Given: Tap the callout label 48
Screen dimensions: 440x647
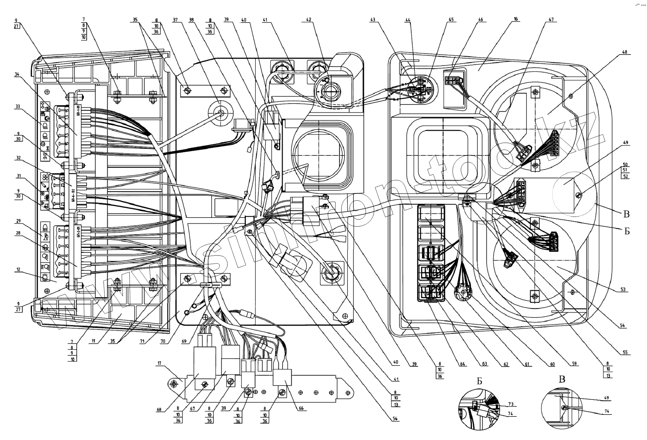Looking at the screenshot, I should point(625,52).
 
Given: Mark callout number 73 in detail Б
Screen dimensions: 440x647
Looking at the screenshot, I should point(510,404).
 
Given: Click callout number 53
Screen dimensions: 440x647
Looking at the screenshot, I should point(623,290).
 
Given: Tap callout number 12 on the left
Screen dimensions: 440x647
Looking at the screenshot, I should point(18,269).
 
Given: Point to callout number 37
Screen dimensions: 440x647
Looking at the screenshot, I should point(175,20).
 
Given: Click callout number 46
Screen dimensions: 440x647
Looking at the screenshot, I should point(480,20).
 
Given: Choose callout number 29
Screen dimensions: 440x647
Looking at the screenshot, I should point(18,221).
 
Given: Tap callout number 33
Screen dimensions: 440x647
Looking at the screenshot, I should point(17,106).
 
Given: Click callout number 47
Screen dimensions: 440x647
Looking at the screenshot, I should point(551,20).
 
